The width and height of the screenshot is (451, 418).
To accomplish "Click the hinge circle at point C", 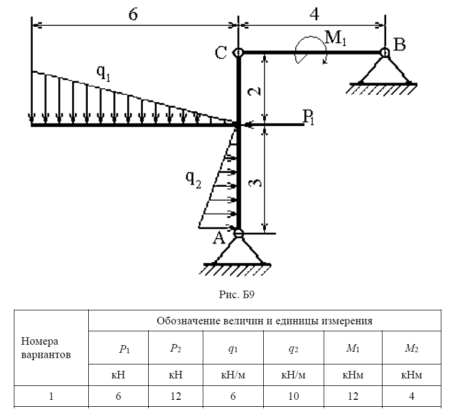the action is (x=239, y=52).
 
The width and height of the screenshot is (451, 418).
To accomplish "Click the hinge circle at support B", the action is (x=385, y=52).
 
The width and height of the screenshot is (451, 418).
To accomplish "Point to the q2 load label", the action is (x=193, y=179).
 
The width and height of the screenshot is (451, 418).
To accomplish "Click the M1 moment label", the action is (x=335, y=38).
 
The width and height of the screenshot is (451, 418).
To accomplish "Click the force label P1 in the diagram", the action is (x=308, y=117).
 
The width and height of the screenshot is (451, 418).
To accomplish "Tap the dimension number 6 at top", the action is (x=133, y=14).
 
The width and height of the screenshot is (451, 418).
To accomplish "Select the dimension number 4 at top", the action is (x=315, y=13).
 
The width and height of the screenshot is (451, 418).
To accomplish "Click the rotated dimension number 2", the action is (x=255, y=91).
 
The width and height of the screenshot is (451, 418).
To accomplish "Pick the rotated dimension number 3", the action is (x=255, y=183).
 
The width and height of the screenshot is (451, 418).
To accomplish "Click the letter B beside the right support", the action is (x=400, y=44).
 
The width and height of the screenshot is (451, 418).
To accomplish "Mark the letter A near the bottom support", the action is (x=219, y=238).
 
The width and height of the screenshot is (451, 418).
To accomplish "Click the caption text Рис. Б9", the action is (x=236, y=294).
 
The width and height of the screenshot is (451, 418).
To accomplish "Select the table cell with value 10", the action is (x=293, y=396).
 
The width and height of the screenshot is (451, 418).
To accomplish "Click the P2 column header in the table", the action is (x=175, y=348).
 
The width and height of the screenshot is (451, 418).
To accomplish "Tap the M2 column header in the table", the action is (x=411, y=348).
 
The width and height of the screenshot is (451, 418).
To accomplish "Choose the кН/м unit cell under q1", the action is (x=233, y=375).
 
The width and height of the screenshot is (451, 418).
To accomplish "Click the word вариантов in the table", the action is (x=45, y=355).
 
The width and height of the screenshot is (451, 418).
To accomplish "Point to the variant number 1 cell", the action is (x=51, y=396).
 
